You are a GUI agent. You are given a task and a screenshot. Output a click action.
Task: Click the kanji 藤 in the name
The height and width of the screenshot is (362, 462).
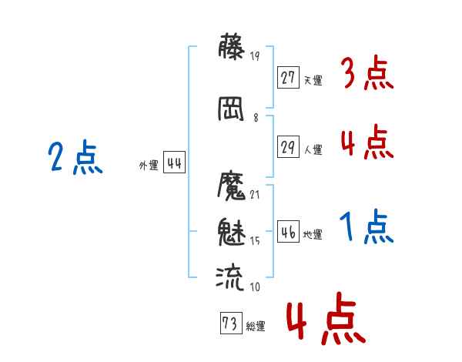tap(231, 46)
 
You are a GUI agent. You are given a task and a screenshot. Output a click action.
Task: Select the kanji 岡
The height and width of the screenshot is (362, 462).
tap(231, 109)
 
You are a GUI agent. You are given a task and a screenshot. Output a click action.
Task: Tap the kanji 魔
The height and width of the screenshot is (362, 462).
tap(231, 186)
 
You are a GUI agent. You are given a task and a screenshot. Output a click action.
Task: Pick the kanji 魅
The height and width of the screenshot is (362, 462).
tap(232, 232)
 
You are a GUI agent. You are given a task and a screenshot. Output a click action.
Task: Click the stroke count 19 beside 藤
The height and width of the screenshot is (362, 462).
tap(255, 55)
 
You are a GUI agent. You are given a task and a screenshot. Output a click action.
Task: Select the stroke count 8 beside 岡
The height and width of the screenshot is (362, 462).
tap(256, 118)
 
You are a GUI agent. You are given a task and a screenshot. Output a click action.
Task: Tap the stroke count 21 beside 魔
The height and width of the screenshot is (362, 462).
tap(255, 195)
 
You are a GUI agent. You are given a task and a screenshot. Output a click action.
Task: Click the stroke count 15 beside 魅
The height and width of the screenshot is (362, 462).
tap(255, 241)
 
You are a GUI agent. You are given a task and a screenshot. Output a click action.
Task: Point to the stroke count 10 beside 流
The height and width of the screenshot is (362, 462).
tap(255, 287)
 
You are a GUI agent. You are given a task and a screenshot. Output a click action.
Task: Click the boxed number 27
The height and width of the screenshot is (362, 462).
tap(288, 78)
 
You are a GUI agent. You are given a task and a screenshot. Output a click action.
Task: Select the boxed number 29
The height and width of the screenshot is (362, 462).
tap(288, 146)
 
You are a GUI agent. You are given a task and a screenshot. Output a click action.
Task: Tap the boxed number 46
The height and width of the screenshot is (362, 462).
tap(288, 231)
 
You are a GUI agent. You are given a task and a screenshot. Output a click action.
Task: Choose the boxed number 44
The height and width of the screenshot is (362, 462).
tap(174, 163)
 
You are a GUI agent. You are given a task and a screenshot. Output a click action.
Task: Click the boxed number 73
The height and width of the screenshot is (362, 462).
tap(231, 323)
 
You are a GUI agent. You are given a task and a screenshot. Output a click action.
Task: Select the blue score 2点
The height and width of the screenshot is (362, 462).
tap(75, 156)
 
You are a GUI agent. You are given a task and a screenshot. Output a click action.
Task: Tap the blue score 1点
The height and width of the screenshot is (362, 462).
tap(367, 226)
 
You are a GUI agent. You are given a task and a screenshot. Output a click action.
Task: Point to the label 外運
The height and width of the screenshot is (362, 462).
tap(149, 166)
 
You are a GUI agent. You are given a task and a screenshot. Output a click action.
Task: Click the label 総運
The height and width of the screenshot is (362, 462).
tap(256, 327)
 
